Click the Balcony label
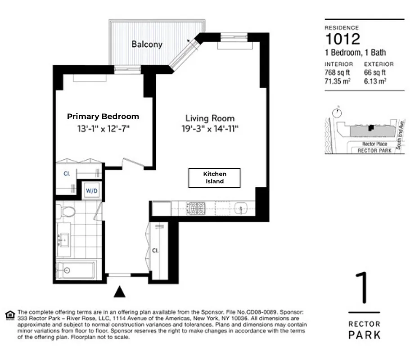pyautogui.click(x=147, y=44)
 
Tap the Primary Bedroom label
pyautogui.click(x=103, y=116)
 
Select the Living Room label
pyautogui.click(x=210, y=118)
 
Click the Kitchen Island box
pyautogui.click(x=214, y=178)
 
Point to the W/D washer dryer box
pyautogui.click(x=92, y=190)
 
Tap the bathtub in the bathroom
pyautogui.click(x=75, y=270)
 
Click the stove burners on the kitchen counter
pyautogui.click(x=197, y=208)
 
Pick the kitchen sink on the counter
pyautogui.click(x=239, y=208)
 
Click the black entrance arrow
pyautogui.click(x=119, y=292)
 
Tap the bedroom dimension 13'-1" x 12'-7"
pyautogui.click(x=103, y=129)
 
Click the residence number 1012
pyautogui.click(x=343, y=39)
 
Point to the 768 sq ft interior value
pyautogui.click(x=337, y=72)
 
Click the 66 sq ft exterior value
pyautogui.click(x=375, y=72)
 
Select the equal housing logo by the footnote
pyautogui.click(x=9, y=314)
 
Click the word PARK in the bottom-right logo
pyautogui.click(x=364, y=335)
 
